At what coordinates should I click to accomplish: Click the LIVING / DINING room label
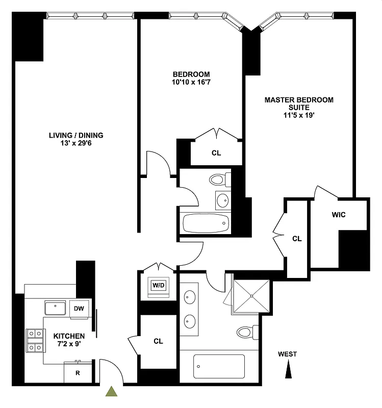tap(76, 135)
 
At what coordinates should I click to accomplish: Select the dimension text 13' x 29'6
tap(76, 143)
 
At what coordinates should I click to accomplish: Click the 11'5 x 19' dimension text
tap(299, 115)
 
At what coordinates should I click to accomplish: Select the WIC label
tap(339, 215)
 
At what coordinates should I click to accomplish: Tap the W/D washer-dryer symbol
tap(159, 285)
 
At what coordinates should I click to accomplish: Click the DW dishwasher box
tap(79, 309)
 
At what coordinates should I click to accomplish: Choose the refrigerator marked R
tap(78, 373)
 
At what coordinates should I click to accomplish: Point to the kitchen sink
tap(55, 308)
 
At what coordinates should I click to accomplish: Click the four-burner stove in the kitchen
tap(35, 341)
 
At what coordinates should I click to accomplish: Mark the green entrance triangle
tap(111, 392)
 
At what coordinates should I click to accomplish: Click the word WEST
tap(287, 354)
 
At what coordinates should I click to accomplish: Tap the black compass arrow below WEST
tap(289, 369)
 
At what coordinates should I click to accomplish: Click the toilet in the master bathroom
tap(247, 333)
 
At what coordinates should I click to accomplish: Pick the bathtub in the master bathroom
tap(219, 366)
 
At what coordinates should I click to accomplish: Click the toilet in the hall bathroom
tap(219, 180)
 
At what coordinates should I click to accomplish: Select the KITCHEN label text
tap(69, 336)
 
